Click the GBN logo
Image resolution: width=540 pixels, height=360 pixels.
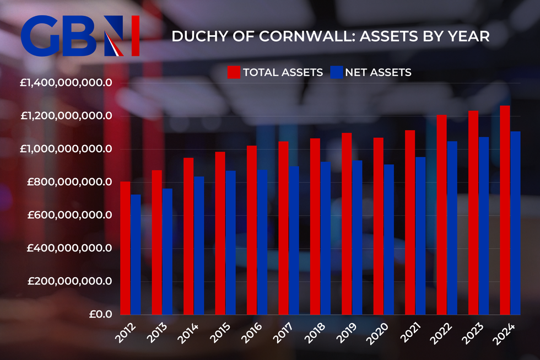(x=80, y=36)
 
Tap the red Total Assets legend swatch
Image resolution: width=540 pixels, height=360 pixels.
(x=234, y=72)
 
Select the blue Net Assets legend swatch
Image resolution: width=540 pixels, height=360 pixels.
(x=336, y=72)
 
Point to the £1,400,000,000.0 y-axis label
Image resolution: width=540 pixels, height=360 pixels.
(x=66, y=83)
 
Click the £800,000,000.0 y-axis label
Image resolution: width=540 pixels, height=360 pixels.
(x=66, y=182)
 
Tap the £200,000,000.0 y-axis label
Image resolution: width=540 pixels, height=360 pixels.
(x=66, y=282)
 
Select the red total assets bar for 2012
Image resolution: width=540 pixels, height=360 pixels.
(x=125, y=248)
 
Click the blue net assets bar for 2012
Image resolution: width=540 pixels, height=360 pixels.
(x=136, y=254)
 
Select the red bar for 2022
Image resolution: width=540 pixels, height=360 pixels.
(x=441, y=214)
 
